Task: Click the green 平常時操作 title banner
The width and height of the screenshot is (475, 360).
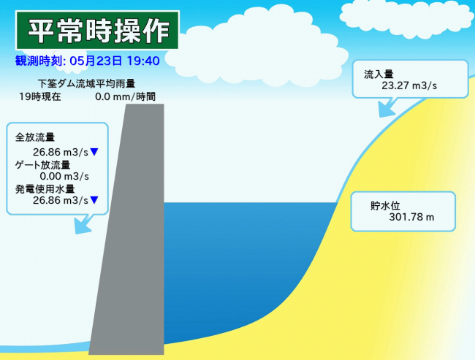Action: point(97,30)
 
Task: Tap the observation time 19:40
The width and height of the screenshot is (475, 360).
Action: point(143,61)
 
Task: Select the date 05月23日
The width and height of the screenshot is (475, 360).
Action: point(96,61)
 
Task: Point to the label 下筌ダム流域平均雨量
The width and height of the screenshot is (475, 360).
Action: point(86,83)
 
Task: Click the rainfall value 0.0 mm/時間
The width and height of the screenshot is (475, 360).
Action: point(126,96)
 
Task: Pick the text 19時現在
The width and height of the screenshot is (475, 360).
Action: point(40,96)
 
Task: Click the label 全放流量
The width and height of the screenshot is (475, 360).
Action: point(35,137)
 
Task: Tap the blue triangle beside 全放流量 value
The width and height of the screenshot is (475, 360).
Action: point(94,151)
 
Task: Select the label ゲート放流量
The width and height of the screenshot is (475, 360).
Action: point(42,165)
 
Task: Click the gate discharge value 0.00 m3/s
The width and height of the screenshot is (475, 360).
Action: point(64,176)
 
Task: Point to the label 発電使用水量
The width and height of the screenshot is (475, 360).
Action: point(45,189)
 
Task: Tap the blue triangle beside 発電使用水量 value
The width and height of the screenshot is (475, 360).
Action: point(94,200)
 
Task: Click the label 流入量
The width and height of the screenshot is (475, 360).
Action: point(379,74)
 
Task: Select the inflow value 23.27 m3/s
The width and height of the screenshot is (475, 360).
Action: point(409,85)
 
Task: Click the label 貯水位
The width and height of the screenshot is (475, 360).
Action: point(385,206)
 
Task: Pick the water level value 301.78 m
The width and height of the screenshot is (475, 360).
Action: point(411,217)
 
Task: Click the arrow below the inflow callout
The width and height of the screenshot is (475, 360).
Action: point(387,107)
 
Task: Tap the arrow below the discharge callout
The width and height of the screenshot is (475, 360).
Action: point(84,224)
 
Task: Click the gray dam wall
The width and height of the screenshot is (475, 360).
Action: point(130,230)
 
